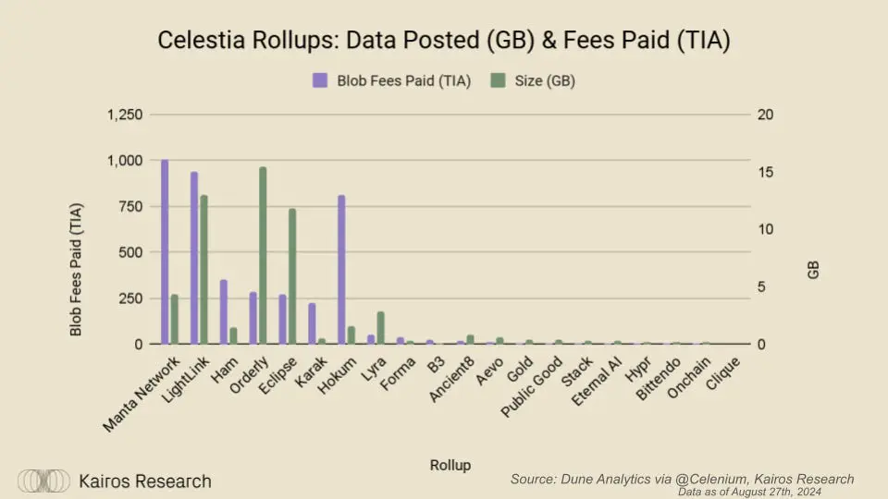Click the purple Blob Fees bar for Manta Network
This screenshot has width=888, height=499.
point(165,251)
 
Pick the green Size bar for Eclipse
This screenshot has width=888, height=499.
point(292,276)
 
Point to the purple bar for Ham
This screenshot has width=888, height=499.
point(224,311)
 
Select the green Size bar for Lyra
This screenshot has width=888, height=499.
point(380,328)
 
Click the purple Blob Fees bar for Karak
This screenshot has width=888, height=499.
point(312,323)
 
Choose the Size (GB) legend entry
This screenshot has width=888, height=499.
point(534,80)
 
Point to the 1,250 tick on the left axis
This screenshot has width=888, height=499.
point(124,115)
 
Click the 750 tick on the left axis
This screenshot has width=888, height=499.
point(130,206)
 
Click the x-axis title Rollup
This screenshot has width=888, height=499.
point(450,465)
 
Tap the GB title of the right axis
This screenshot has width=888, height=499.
point(812,270)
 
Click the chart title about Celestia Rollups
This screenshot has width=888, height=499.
point(443,41)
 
